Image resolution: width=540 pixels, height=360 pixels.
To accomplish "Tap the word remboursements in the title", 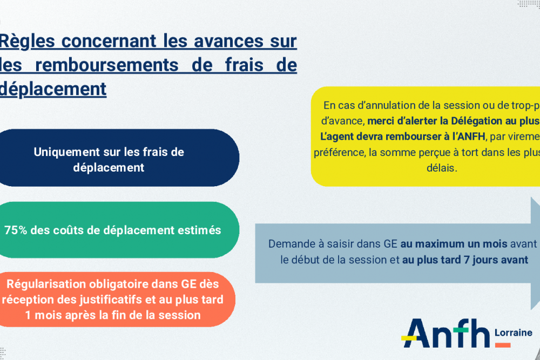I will (108, 65).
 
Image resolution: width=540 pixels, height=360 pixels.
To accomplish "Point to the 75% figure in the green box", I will (15, 230).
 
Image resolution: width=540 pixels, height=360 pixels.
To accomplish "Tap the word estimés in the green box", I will (199, 230).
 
